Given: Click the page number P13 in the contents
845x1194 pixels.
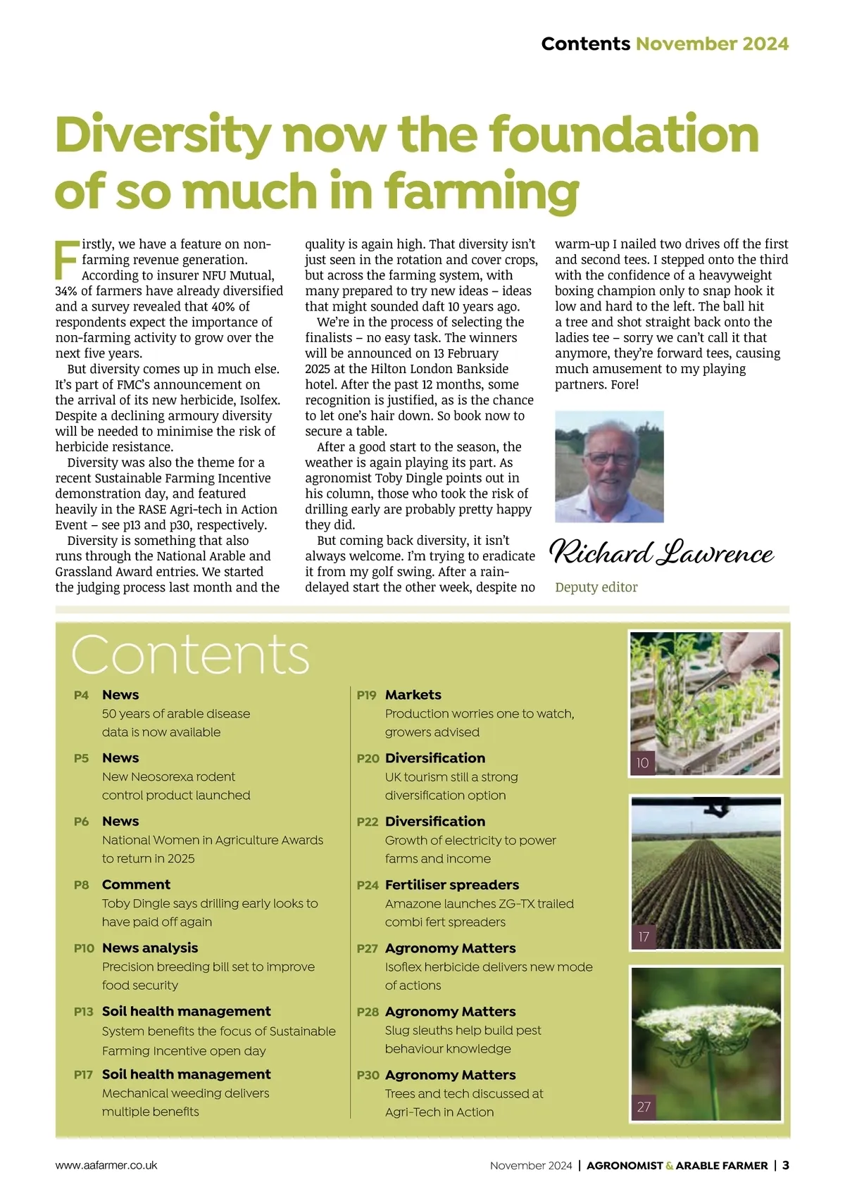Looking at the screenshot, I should (83, 1012).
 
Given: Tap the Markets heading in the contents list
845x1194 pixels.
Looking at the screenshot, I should (413, 695).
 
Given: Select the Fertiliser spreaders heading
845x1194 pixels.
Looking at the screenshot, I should (452, 885).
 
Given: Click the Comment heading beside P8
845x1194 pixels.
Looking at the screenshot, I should (136, 885).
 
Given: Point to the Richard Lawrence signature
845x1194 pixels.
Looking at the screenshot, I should (661, 553).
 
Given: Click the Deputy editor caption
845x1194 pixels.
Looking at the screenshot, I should (596, 587).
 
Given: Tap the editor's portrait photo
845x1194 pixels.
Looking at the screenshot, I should (609, 466).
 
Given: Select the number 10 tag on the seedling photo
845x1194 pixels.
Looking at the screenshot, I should (642, 762).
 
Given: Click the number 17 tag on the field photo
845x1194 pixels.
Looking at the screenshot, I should (644, 937).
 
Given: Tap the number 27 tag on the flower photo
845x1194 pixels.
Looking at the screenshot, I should (644, 1107).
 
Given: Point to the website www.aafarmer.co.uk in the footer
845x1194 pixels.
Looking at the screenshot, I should (106, 1165).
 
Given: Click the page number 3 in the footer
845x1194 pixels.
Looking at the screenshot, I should (786, 1165).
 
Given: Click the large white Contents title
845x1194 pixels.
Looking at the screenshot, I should (190, 655).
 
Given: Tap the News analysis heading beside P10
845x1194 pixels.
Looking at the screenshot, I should (150, 948).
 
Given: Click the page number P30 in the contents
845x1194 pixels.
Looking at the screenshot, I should (368, 1075).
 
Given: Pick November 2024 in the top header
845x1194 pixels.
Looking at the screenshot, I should (712, 44).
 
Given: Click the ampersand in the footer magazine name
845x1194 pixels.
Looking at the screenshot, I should (670, 1166).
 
